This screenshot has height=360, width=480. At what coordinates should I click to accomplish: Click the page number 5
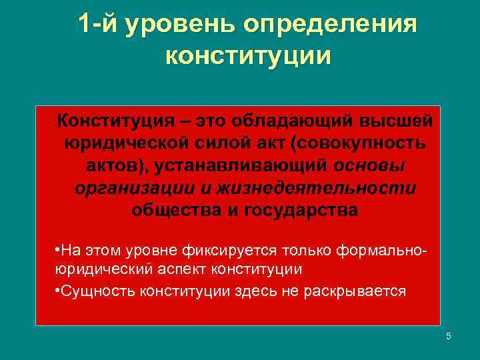tap(449, 337)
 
